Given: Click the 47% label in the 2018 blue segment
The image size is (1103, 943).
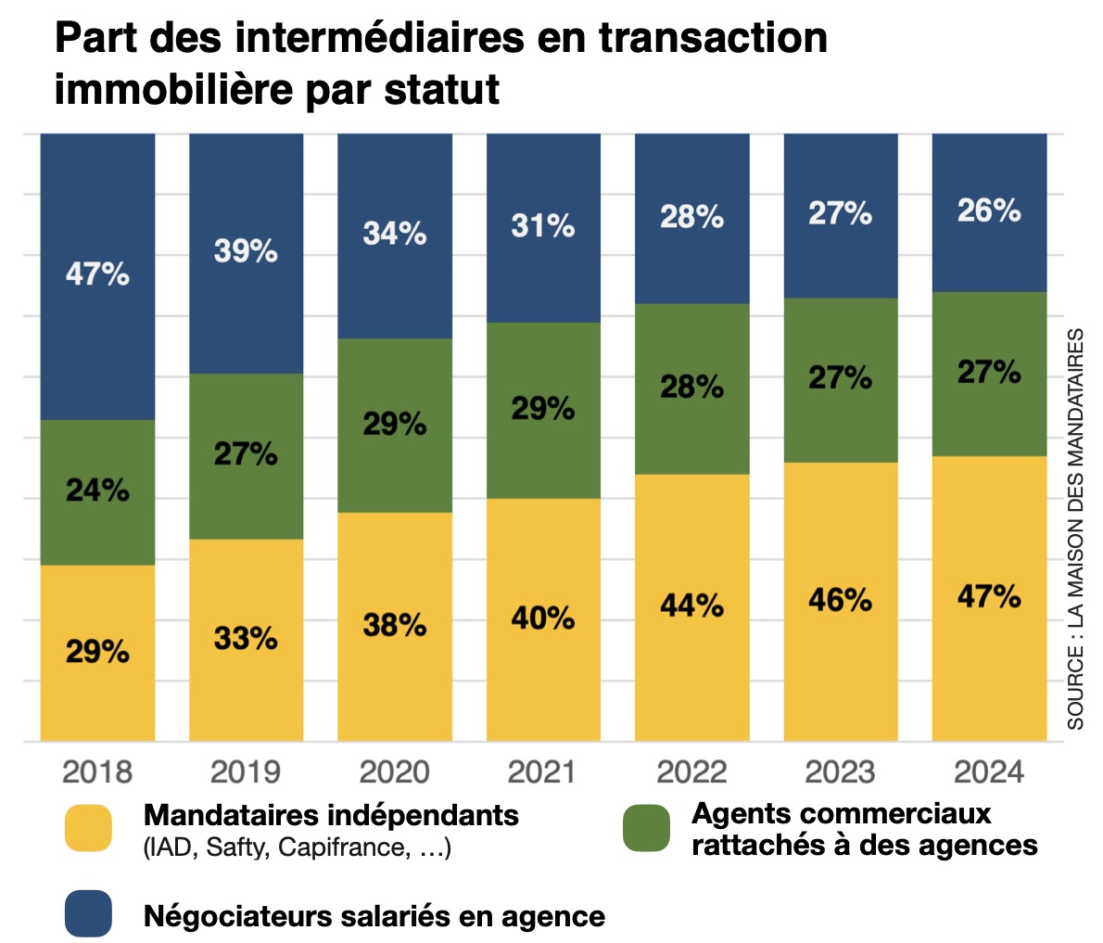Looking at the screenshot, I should [x=97, y=274].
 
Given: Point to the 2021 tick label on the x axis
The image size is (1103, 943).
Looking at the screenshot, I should [x=543, y=771].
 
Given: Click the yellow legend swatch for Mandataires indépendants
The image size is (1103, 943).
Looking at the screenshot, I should [x=88, y=828].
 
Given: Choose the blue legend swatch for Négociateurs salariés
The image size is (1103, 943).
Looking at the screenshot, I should [x=88, y=914].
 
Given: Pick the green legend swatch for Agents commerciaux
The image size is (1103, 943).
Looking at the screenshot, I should [x=646, y=828].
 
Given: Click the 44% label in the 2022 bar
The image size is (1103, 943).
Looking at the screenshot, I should [x=691, y=605].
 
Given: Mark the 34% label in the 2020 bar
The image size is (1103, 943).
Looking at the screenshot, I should [x=395, y=233].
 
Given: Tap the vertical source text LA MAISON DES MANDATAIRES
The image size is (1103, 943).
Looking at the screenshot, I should [x=1075, y=529].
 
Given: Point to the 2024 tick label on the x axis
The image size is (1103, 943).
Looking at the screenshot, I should [x=989, y=771].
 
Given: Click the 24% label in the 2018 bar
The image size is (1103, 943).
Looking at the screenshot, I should [x=97, y=490].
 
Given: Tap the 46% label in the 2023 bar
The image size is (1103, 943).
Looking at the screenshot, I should [x=840, y=600].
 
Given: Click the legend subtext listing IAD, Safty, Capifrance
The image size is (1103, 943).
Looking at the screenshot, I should [x=298, y=847].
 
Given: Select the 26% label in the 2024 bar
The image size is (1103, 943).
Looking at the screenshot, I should [x=989, y=211].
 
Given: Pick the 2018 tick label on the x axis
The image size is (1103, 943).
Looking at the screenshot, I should [x=97, y=771].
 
